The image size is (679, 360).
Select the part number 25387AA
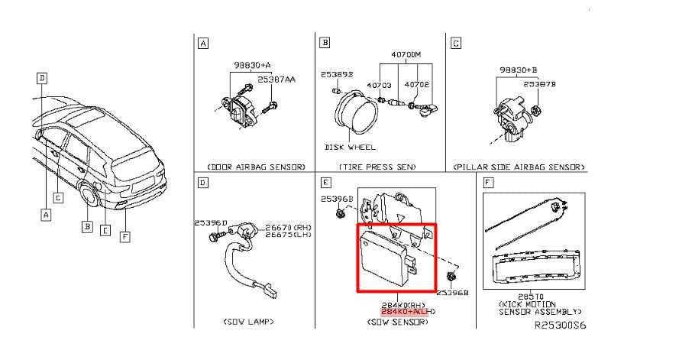coord(277,79)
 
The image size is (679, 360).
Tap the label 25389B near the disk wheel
coord(337,75)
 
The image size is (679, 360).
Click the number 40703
coord(380,85)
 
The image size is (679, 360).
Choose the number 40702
coord(416,85)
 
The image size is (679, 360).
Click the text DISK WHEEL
coord(351,146)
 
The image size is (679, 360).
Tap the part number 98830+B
coord(519,69)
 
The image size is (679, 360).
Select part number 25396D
coord(210,223)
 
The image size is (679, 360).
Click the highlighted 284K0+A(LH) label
coord(408,313)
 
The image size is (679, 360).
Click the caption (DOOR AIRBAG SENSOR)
coord(256,166)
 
